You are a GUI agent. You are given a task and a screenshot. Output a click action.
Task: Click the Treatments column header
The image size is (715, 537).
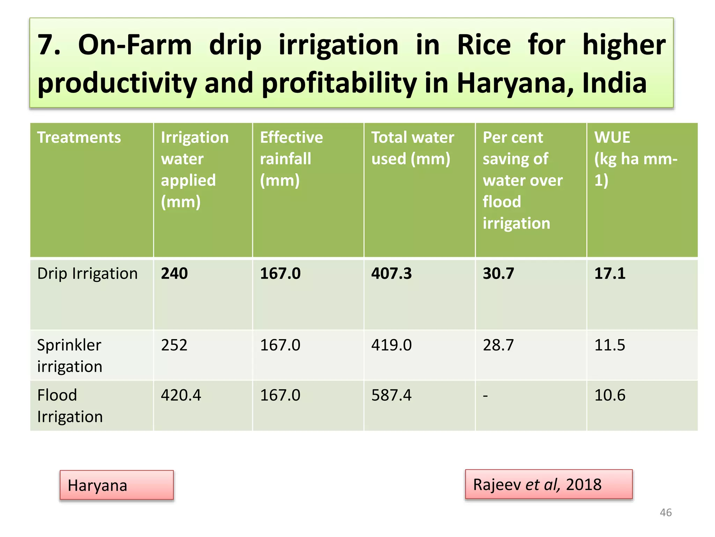(x=79, y=137)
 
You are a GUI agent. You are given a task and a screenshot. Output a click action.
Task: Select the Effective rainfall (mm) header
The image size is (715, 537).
(x=291, y=158)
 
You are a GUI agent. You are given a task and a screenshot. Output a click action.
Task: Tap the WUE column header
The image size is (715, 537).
(x=635, y=158)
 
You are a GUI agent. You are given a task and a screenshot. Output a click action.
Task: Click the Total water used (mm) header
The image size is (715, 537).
(x=412, y=148)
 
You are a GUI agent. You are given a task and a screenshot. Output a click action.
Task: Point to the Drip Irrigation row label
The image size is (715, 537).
(x=87, y=273)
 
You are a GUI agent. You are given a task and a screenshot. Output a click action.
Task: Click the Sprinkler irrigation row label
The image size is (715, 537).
(x=69, y=356)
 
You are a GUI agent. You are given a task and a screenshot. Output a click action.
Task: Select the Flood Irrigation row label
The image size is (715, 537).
(x=70, y=406)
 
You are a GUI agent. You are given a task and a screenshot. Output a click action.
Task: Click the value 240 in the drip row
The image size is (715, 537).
(x=174, y=273)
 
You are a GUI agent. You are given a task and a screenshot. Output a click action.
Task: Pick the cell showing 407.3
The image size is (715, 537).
(x=391, y=273)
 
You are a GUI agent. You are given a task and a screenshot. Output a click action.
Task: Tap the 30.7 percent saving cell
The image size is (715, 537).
(x=498, y=273)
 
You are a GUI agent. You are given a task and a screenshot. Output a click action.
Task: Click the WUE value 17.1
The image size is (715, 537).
(x=610, y=273)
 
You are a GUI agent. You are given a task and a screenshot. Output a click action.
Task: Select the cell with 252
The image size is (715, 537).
(x=174, y=345)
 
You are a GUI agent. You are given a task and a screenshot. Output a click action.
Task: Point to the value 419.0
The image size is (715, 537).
(x=391, y=345)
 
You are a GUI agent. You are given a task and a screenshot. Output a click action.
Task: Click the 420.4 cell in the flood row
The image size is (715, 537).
(x=181, y=395)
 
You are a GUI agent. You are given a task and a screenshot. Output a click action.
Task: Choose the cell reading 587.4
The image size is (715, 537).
(x=391, y=395)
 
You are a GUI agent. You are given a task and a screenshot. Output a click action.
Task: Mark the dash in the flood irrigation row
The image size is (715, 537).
(x=485, y=396)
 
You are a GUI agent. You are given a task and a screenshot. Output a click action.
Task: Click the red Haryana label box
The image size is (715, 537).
(x=117, y=485)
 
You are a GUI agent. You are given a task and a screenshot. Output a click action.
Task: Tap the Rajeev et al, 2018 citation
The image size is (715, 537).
(x=548, y=485)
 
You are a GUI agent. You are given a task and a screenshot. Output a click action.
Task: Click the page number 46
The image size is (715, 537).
(x=665, y=513)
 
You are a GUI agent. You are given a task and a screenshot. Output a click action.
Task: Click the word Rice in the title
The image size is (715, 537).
(x=484, y=45)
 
